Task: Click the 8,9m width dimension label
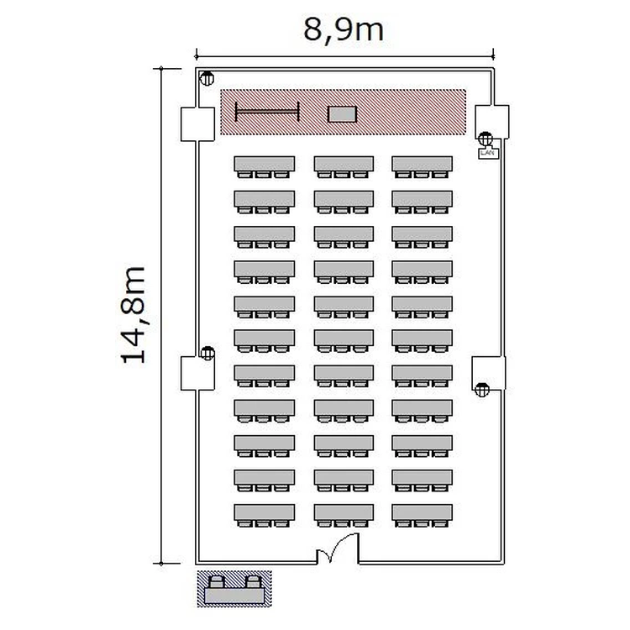pos(344,30)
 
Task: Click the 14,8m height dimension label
pos(134,315)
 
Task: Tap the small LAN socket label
pos(489,153)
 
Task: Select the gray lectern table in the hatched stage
pos(342,114)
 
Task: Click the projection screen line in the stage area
pos(267,112)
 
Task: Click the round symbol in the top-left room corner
pos(207,78)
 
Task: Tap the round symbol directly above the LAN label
pos(486,139)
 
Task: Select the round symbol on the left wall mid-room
pos(207,353)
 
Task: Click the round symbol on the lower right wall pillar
pos(482,390)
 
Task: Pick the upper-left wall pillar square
pos(197,124)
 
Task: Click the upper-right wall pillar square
pos(492,122)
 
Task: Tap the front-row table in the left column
pos(265,164)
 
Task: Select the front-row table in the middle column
pos(344,164)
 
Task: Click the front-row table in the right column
pos(423,164)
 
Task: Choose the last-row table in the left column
pos(265,512)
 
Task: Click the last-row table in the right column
pos(423,512)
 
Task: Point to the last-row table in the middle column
pos(344,512)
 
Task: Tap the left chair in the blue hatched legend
pos(217,581)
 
